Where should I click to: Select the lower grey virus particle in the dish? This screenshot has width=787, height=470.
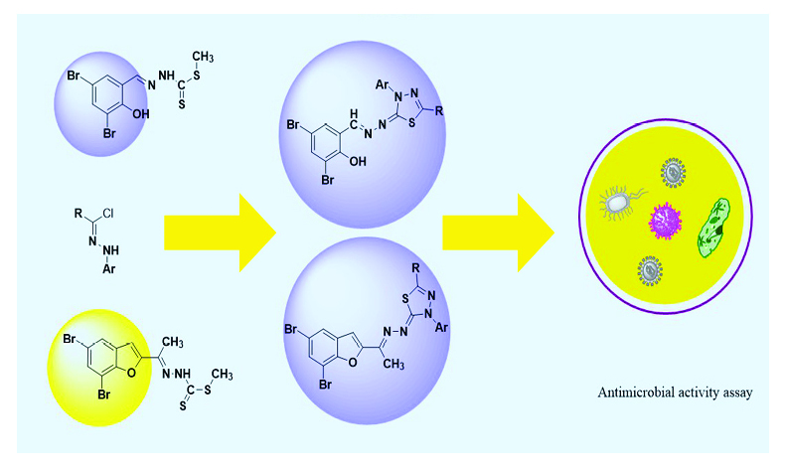click(651, 269)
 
